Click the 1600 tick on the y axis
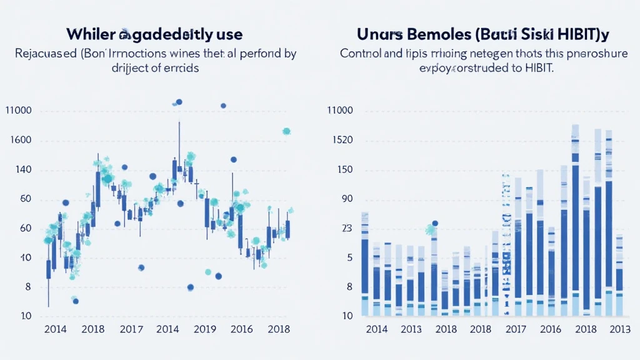(21, 141)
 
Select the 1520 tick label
(341, 140)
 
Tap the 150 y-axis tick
(345, 170)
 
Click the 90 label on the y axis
(347, 199)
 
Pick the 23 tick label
(347, 229)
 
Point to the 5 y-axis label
(349, 257)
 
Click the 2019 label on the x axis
(205, 329)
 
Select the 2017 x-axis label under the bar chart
(516, 329)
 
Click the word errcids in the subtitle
(179, 67)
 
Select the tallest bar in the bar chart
(575, 219)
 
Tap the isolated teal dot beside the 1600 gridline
(286, 131)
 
